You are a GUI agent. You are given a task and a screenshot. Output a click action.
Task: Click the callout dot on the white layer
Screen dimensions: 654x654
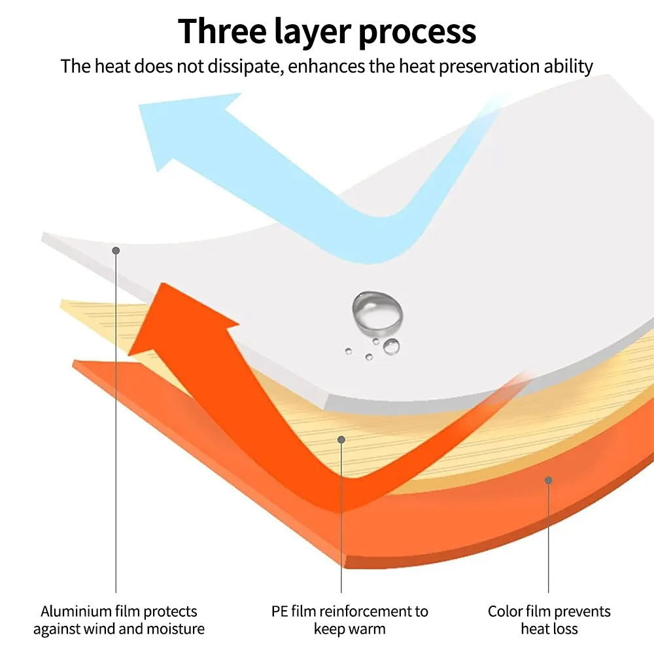click(116, 250)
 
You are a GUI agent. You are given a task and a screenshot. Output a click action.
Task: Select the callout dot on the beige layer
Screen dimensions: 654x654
click(341, 439)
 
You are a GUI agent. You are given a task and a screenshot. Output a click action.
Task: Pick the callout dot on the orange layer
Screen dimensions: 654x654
click(548, 481)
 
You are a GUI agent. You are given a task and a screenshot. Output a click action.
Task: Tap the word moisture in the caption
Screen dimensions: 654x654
click(177, 630)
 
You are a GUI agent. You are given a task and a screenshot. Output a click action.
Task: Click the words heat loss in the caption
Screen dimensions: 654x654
click(549, 630)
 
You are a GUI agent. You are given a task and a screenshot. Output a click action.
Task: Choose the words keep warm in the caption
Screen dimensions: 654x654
click(350, 630)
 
